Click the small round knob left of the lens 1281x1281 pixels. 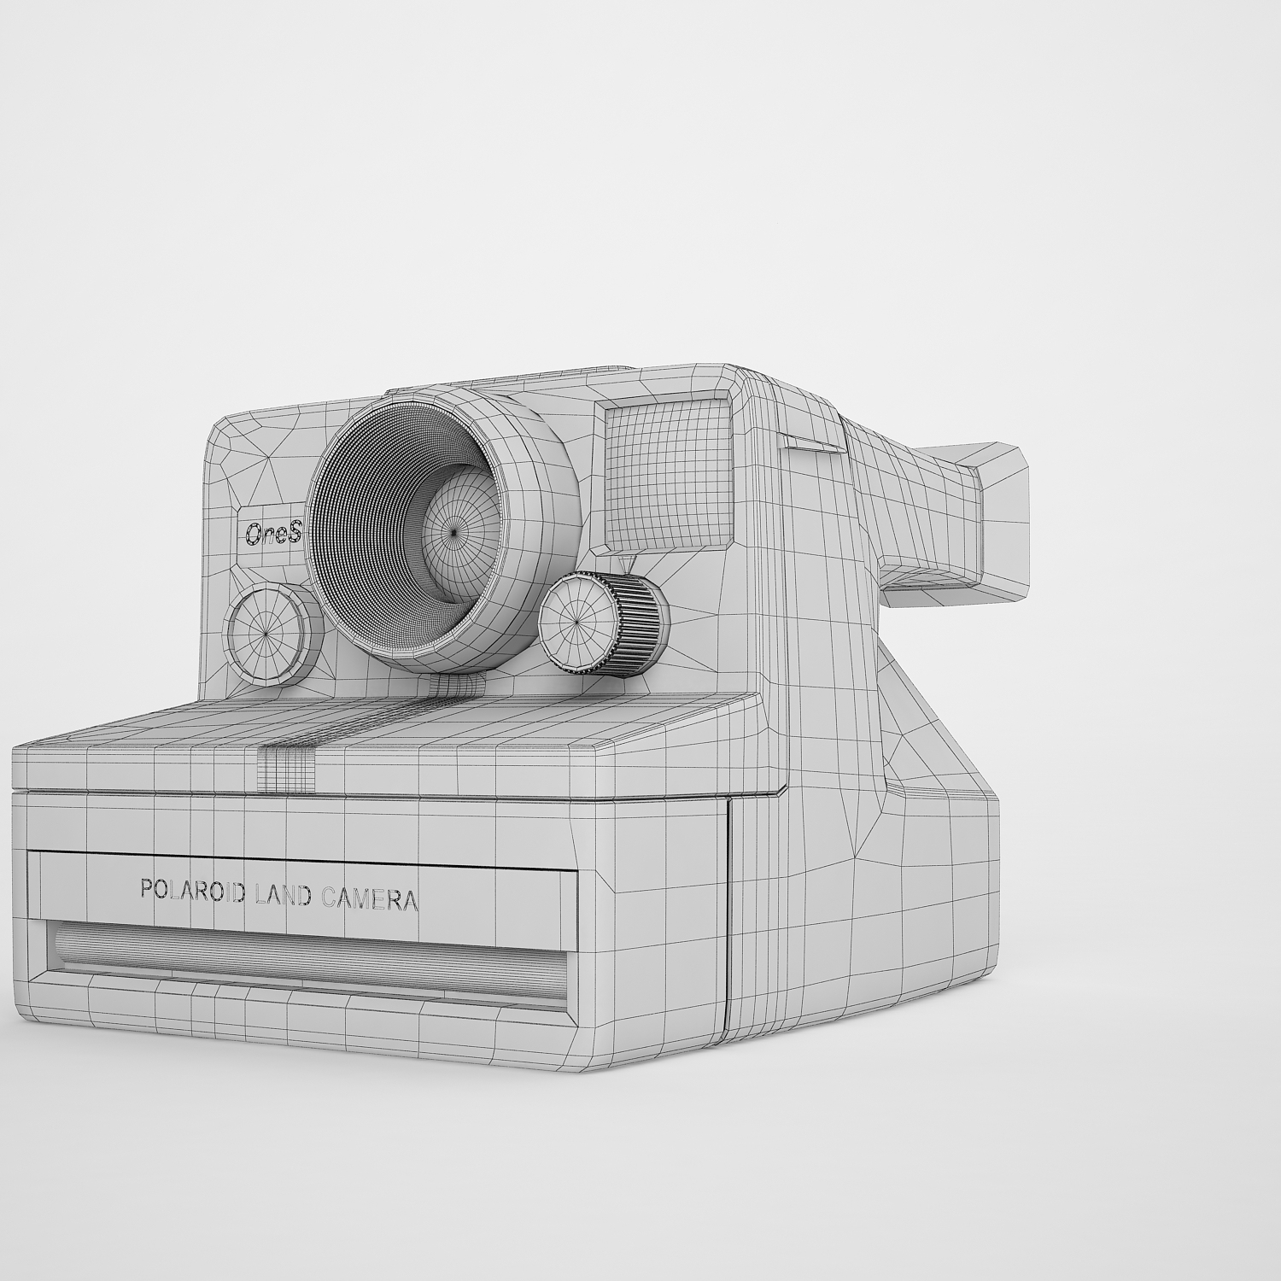[266, 633]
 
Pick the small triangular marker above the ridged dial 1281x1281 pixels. [629, 563]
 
